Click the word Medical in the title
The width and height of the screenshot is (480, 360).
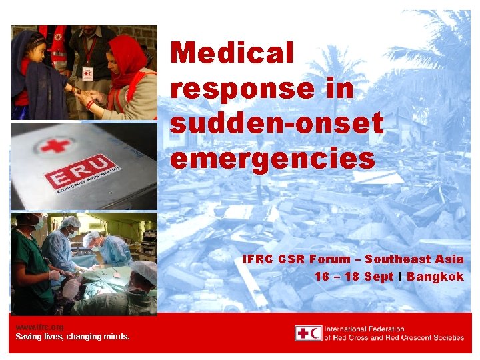[x=231, y=53]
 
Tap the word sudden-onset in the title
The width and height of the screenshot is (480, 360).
[x=277, y=123]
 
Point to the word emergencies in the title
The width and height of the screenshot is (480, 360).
[x=272, y=159]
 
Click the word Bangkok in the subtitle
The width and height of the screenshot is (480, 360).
[x=435, y=277]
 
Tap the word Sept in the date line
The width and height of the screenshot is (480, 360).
[x=379, y=277]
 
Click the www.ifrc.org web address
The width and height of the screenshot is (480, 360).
[x=39, y=327]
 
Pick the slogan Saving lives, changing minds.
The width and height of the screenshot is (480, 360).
[x=73, y=337]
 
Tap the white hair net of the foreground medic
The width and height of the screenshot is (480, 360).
[x=144, y=271]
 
